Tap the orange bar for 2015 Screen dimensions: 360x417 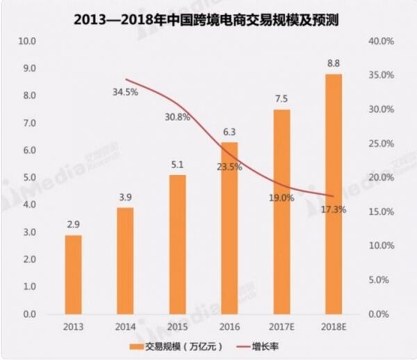pyautogui.click(x=177, y=245)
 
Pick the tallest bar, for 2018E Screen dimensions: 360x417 pyautogui.click(x=333, y=194)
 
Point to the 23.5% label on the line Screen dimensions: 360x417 pyautogui.click(x=229, y=166)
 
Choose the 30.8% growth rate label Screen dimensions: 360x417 pyautogui.click(x=177, y=117)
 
